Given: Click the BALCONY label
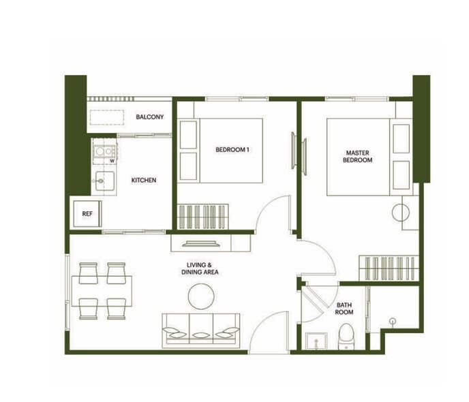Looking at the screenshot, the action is click(149, 117).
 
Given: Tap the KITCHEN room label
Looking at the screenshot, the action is click(144, 181).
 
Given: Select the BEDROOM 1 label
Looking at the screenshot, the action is click(232, 149).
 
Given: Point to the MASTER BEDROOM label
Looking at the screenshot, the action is click(357, 156).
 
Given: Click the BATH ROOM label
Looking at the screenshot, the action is click(344, 309).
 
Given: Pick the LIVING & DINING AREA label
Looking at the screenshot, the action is click(200, 268).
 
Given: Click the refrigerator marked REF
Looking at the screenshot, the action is click(87, 214).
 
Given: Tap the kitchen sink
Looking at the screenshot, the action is click(104, 181).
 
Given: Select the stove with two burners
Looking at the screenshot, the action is click(104, 151).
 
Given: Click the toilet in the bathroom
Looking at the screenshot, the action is click(346, 337).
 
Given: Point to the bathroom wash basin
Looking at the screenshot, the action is click(316, 341).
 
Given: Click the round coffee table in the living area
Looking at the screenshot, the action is click(201, 296).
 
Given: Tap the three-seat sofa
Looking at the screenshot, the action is click(200, 330).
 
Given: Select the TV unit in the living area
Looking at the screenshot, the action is click(211, 243).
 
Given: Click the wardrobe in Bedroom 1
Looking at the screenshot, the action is click(202, 217).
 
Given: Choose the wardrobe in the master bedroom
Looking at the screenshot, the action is click(389, 268).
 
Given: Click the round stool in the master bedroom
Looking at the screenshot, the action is click(401, 212).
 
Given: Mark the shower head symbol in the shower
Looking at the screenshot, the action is click(393, 322).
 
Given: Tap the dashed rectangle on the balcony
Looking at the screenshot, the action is click(107, 117).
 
